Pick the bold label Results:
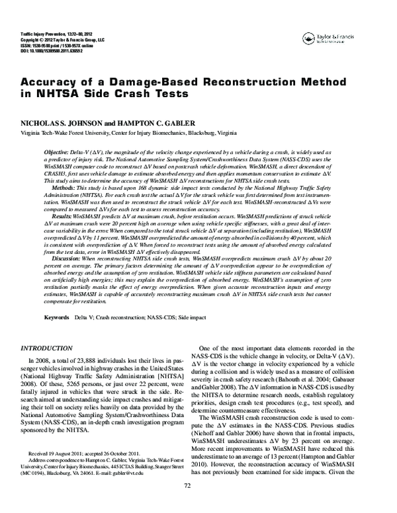click(x=62, y=216)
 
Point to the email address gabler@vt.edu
click(x=153, y=490)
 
